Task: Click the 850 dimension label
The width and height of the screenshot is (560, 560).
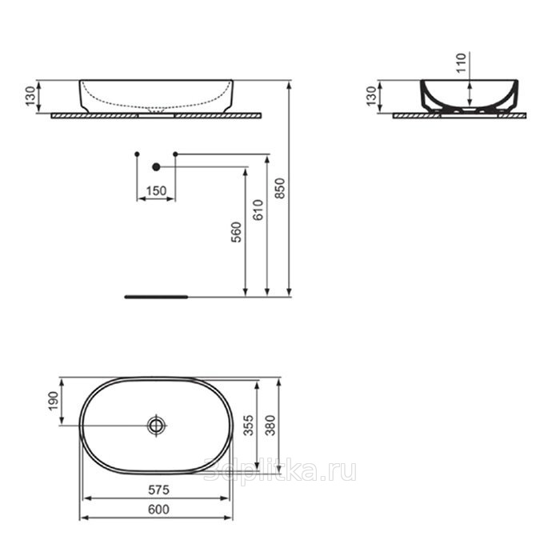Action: (x=281, y=188)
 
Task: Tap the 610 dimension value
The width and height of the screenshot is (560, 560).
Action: (x=258, y=210)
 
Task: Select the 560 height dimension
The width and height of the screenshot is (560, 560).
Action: (x=237, y=232)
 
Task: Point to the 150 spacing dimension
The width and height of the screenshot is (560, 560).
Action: (x=156, y=190)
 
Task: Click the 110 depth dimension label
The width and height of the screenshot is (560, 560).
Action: (x=462, y=63)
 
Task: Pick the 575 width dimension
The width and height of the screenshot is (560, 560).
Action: (x=158, y=490)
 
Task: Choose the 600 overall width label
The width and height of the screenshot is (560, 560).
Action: (x=158, y=509)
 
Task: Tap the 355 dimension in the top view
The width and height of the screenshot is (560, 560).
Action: (x=249, y=425)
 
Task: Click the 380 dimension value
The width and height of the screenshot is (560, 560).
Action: (x=270, y=425)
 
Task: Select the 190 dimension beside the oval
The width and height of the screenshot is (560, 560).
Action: (x=54, y=401)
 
